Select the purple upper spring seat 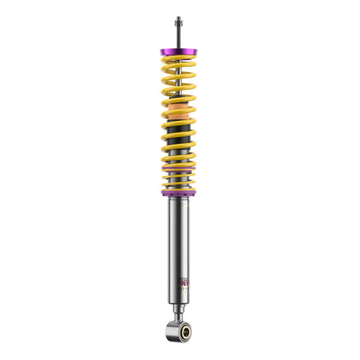(179, 52)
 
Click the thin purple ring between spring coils (179, 168)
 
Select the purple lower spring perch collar (179, 193)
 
